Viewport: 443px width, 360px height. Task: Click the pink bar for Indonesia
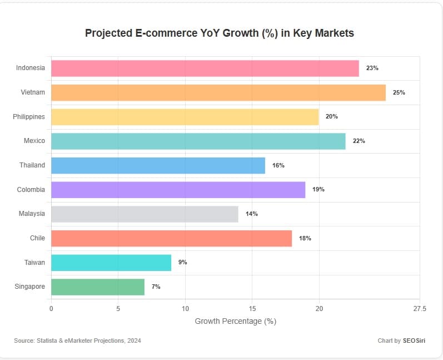click(x=205, y=68)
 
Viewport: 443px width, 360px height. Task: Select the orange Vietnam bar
click(x=218, y=92)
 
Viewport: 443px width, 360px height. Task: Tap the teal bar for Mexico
click(x=198, y=141)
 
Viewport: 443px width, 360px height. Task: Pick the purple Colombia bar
click(x=178, y=189)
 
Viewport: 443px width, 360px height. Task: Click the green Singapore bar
click(x=98, y=287)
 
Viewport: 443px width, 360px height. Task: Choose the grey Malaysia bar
click(x=145, y=214)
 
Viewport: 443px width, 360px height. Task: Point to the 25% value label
click(x=399, y=92)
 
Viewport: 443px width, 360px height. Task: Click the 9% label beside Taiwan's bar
click(x=182, y=262)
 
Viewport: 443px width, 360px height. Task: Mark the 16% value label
click(x=278, y=165)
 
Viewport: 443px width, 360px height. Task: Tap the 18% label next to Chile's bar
click(x=305, y=238)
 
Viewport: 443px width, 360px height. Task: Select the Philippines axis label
click(x=29, y=116)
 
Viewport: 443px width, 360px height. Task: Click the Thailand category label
click(x=32, y=165)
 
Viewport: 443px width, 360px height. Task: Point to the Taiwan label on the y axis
click(x=34, y=262)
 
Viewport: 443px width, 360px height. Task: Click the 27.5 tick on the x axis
click(x=420, y=308)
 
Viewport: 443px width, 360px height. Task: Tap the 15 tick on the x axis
click(x=252, y=308)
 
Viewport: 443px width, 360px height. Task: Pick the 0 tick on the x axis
click(x=51, y=308)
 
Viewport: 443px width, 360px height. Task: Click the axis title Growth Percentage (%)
click(x=235, y=321)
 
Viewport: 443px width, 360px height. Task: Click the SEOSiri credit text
click(x=414, y=341)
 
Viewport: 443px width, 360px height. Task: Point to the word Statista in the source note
click(x=46, y=341)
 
